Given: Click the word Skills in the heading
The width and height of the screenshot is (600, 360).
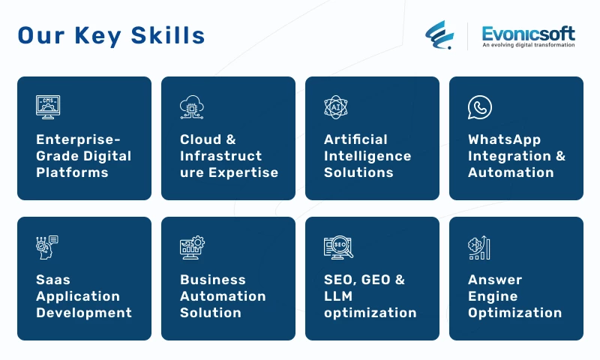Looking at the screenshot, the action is (x=167, y=35).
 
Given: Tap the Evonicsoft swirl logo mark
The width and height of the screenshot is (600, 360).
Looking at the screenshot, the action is (x=439, y=34).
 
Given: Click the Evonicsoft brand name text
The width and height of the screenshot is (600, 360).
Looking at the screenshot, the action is (x=528, y=34).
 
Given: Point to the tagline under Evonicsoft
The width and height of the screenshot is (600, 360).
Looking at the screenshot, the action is (x=529, y=45).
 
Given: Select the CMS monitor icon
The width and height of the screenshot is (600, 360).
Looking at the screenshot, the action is (x=48, y=107).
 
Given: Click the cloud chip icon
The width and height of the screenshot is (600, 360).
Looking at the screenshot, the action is (x=192, y=107).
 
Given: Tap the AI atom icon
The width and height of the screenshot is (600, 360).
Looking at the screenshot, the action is (x=335, y=107).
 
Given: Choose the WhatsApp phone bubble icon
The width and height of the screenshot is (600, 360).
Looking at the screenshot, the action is (x=480, y=107).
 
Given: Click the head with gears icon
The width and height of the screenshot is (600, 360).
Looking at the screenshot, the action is (x=47, y=247).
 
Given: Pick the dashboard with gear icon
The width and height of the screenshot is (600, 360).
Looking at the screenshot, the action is (x=192, y=247).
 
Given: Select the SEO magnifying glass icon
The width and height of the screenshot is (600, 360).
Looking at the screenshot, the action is (x=338, y=247).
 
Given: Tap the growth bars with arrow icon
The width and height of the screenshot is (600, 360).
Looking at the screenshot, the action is (x=478, y=247).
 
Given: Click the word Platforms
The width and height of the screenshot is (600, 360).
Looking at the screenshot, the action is (x=72, y=172).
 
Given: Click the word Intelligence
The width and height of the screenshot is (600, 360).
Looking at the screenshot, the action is (x=367, y=156).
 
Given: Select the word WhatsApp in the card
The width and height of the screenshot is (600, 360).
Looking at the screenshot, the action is (x=504, y=139).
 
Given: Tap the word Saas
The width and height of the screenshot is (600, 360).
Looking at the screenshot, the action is (x=53, y=280).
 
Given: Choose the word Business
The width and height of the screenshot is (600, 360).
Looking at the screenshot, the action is (x=213, y=280).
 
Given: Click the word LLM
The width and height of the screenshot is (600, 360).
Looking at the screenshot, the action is (x=338, y=296).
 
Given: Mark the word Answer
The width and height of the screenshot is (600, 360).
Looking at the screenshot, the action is (x=495, y=280).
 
